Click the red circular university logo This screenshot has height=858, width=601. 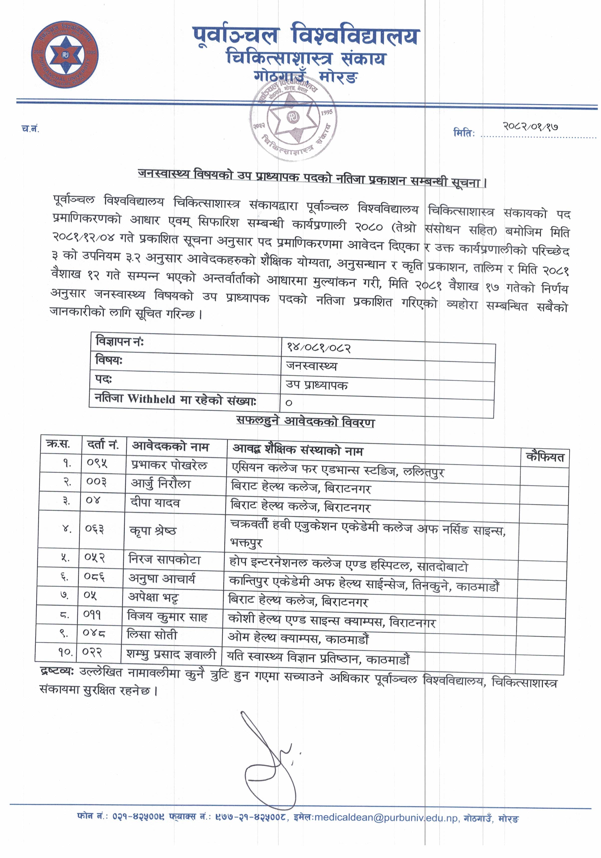65,55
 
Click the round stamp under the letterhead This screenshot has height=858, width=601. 293,119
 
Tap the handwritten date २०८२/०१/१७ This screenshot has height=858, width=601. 530,126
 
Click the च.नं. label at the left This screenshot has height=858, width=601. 30,129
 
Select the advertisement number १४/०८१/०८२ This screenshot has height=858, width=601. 318,347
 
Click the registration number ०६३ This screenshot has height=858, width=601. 95,529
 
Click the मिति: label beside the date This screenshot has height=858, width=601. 464,133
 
